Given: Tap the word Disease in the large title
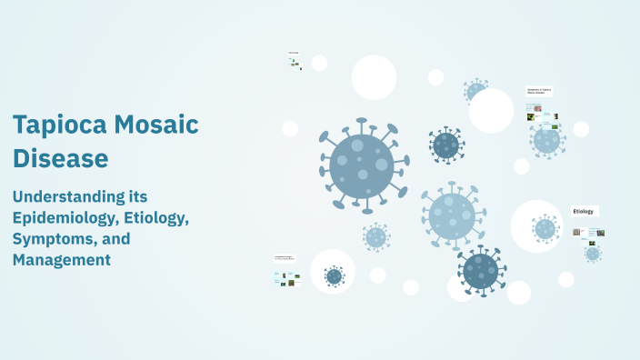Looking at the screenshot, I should (60, 158).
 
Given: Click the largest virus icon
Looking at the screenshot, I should (361, 165).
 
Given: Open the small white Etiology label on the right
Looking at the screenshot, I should (584, 211).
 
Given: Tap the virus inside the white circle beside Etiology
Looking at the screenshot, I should (545, 227).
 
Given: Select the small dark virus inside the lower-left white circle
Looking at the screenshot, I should (334, 275).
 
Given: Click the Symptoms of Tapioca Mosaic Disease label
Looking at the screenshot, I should (539, 92).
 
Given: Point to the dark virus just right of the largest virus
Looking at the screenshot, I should (445, 145).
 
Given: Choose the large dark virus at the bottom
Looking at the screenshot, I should (480, 270).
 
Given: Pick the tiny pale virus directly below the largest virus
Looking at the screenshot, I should (375, 237).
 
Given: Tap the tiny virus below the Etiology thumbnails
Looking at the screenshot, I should (593, 254).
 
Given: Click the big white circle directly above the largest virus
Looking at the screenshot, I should (374, 77).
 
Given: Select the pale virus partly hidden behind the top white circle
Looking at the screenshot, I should (475, 91).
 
